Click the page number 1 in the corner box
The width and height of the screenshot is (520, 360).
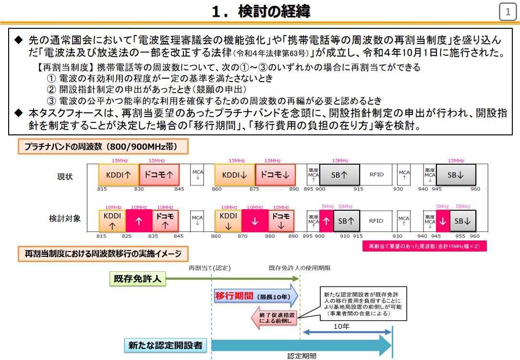tap(508, 12)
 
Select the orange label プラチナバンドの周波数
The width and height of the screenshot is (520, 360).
tap(103, 147)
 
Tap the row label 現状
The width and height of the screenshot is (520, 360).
tap(65, 177)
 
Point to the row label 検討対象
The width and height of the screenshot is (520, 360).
tap(65, 218)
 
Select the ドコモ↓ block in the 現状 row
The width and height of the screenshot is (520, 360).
tap(275, 175)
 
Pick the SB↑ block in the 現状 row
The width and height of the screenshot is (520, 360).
tap(339, 175)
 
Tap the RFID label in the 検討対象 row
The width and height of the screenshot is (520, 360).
tap(376, 221)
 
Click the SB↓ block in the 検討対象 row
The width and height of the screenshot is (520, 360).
tap(462, 221)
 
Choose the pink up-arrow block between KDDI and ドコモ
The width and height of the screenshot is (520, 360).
tap(139, 222)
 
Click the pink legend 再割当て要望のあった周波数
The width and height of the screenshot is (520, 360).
tap(424, 246)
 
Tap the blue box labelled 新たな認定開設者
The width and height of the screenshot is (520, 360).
tap(165, 345)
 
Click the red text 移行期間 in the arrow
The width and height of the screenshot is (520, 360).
tap(234, 296)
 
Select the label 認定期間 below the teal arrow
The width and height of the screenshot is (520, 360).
tap(302, 356)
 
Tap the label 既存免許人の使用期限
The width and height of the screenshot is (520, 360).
tap(300, 267)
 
